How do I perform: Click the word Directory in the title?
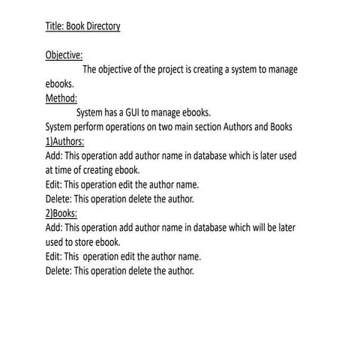tap(102, 27)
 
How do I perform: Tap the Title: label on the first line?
tap(55, 27)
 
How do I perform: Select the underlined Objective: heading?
tap(64, 55)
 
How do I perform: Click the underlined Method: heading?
tap(61, 98)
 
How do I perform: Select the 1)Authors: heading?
tap(64, 141)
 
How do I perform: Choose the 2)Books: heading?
tap(61, 213)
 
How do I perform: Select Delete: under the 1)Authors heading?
tap(58, 199)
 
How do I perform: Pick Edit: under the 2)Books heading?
tap(53, 256)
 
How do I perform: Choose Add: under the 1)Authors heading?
tap(53, 155)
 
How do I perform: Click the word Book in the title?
tap(75, 27)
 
